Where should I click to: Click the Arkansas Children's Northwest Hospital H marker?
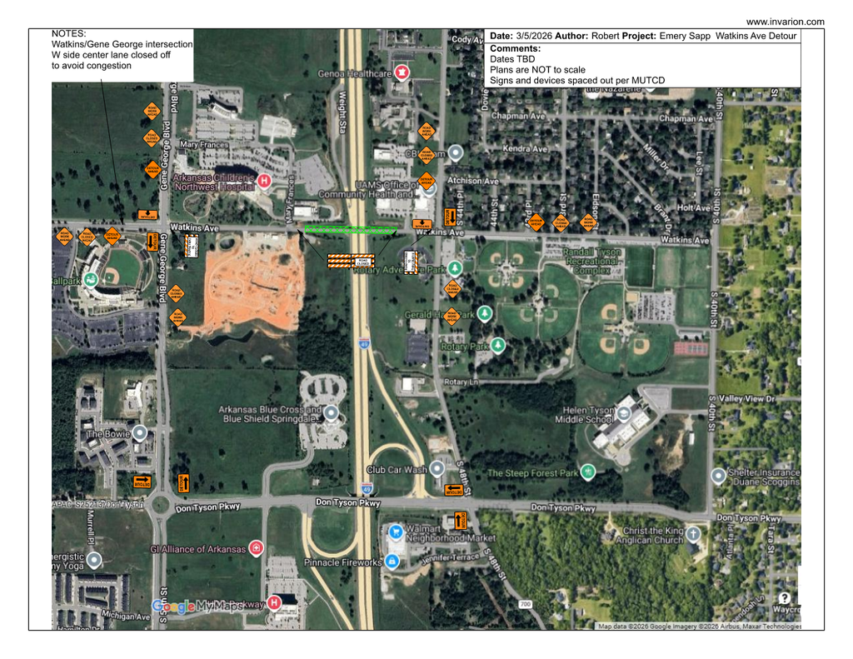[264, 180]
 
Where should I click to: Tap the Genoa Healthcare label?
[355, 73]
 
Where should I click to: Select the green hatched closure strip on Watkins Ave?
[351, 228]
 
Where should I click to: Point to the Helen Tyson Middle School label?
[587, 415]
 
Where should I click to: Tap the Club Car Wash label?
[397, 470]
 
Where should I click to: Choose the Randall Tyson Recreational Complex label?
[592, 261]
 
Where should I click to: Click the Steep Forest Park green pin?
[588, 472]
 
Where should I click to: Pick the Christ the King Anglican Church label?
[652, 535]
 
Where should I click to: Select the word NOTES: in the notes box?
[69, 33]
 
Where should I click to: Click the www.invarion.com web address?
[785, 22]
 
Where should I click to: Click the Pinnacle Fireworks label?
[343, 562]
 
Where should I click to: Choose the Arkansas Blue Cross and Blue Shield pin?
[332, 412]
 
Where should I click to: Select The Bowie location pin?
[140, 433]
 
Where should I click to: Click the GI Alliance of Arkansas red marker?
[257, 547]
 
